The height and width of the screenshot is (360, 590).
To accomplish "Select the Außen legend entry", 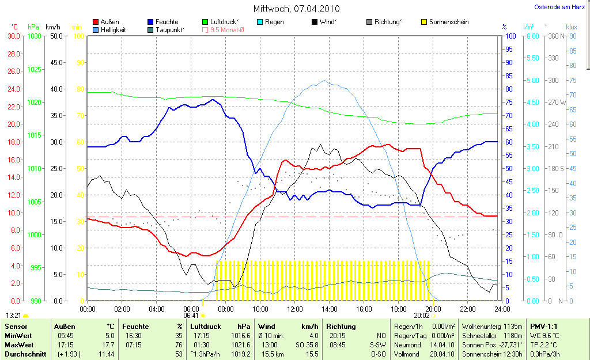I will (x=109, y=22).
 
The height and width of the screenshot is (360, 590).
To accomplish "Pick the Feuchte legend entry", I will (x=167, y=22).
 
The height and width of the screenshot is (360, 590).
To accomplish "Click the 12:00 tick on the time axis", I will (x=295, y=309).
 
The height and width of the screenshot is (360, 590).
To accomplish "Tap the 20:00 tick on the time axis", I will (x=433, y=309).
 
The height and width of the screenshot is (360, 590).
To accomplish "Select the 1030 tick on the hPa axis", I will (x=34, y=36).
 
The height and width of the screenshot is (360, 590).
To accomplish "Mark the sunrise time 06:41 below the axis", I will (x=191, y=316).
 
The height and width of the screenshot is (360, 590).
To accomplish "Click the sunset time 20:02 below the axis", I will (x=421, y=316).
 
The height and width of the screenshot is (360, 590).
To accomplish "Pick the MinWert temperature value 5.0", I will (x=109, y=335).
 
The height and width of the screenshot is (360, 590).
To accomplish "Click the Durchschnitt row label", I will (x=25, y=354).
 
